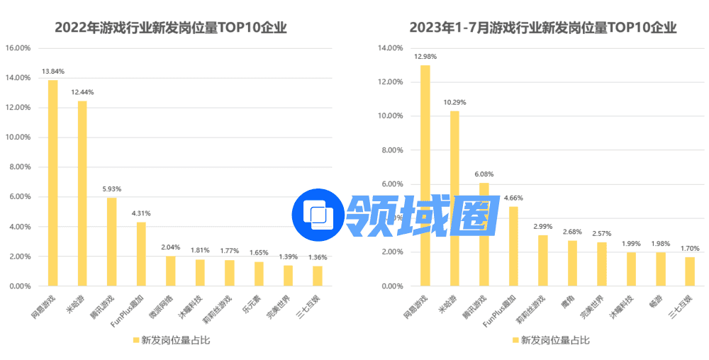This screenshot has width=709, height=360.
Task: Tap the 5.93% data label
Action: tap(111, 189)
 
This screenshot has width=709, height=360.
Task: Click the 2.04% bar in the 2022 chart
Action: tap(170, 271)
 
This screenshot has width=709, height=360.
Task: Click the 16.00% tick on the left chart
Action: tap(18, 48)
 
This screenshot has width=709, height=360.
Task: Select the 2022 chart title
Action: tap(171, 28)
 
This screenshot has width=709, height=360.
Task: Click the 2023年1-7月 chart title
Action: tap(543, 28)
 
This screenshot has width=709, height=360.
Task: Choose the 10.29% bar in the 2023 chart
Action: tap(454, 198)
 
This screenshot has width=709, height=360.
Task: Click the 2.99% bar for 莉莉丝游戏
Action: tap(542, 260)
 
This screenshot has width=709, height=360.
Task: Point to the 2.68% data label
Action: tap(572, 232)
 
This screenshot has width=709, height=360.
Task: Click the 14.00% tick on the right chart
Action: tap(391, 48)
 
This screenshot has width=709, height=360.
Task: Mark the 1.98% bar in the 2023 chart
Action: tap(660, 269)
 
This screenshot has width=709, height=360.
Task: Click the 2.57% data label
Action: tap(601, 234)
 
